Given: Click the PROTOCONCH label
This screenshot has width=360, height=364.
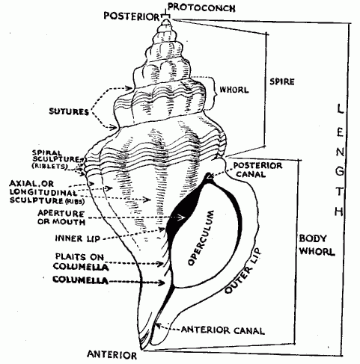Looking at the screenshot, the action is click(x=201, y=7).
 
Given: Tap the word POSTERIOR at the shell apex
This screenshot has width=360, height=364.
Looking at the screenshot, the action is click(x=132, y=16).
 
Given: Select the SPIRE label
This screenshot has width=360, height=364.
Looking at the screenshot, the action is click(x=282, y=81).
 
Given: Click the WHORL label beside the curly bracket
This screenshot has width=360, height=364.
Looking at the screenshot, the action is click(x=234, y=90).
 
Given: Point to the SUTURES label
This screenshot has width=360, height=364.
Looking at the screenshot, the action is click(x=69, y=111).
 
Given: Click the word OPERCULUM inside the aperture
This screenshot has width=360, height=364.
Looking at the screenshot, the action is click(x=201, y=238).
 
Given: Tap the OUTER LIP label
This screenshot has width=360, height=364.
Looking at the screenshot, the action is click(x=242, y=271).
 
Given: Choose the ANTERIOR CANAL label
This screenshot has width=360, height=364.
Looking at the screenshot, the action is click(x=223, y=330).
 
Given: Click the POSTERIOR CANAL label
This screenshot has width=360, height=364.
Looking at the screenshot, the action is click(x=257, y=170).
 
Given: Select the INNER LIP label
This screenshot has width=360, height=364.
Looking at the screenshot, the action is click(x=78, y=238).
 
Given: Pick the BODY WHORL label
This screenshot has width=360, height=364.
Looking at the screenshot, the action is click(x=317, y=245).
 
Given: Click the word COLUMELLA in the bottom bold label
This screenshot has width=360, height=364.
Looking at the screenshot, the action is click(x=81, y=280).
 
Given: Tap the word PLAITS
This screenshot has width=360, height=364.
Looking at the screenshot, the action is click(x=70, y=256).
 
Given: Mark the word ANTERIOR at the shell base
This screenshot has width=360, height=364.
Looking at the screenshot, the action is click(x=112, y=354).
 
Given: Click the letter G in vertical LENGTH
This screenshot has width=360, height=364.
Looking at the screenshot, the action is click(x=340, y=171).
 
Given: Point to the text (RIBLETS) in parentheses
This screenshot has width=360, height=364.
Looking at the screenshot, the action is click(x=49, y=166).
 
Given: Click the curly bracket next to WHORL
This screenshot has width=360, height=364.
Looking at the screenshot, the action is click(x=212, y=93).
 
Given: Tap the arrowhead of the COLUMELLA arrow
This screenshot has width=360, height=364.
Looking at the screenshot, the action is click(x=162, y=283).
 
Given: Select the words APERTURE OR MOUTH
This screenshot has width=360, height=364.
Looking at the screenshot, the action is click(x=61, y=218).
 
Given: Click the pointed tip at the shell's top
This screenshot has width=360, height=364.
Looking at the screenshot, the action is click(x=165, y=20).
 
